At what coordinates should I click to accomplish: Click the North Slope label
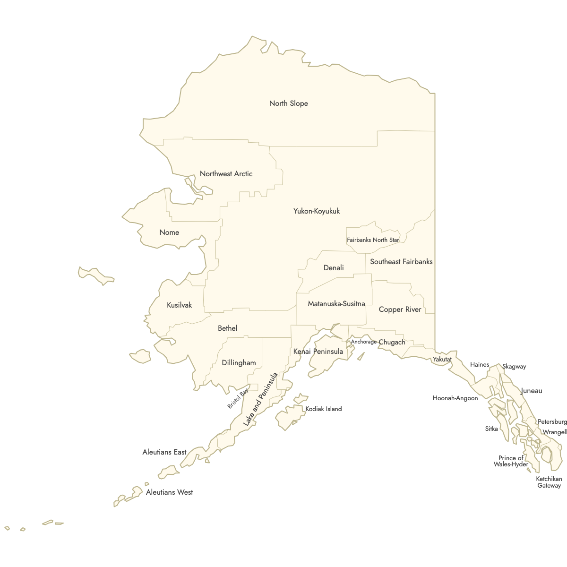point(288,103)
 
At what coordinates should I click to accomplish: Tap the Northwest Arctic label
point(226,174)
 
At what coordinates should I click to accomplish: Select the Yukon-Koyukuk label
point(317,211)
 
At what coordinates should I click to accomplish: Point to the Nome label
point(169,232)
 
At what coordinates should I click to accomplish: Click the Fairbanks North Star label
point(373,240)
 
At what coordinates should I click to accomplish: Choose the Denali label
point(334,268)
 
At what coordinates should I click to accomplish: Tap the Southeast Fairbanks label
point(401,262)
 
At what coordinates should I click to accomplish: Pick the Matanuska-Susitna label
point(336,304)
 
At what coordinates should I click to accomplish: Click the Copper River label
point(400,309)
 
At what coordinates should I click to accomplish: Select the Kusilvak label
point(180,305)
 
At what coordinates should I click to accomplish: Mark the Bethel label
point(227,328)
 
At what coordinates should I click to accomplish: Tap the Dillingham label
point(239,363)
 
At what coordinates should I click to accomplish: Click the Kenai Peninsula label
point(318,352)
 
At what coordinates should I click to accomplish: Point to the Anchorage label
point(363,342)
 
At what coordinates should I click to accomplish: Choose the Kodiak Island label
point(323,409)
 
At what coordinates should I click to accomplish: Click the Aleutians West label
point(169,492)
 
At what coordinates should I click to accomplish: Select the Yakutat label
point(442,360)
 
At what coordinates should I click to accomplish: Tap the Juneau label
point(531,391)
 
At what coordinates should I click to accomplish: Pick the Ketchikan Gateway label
point(549,482)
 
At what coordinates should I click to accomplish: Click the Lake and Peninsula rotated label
point(260,400)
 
